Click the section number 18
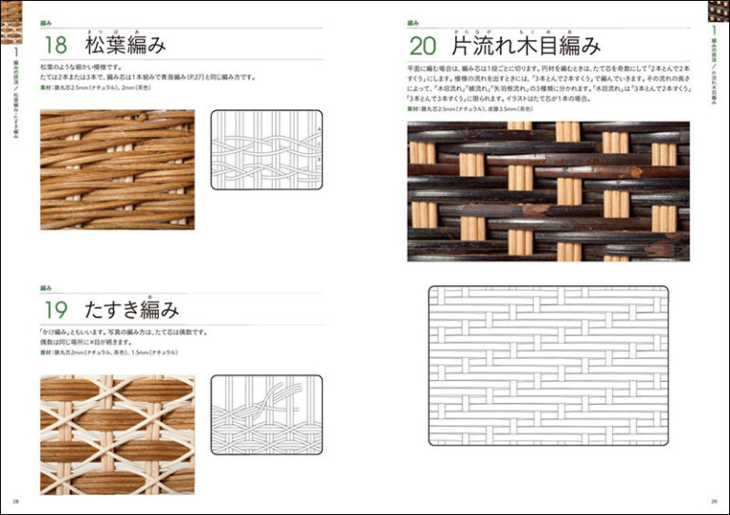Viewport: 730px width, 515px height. pyautogui.click(x=55, y=45)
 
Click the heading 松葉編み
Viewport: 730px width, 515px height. pyautogui.click(x=125, y=45)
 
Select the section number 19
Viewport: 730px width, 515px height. pyautogui.click(x=55, y=309)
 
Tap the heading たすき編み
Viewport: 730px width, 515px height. pyautogui.click(x=132, y=309)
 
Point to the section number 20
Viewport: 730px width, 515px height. pyautogui.click(x=425, y=45)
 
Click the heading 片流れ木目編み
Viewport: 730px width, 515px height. pyautogui.click(x=525, y=45)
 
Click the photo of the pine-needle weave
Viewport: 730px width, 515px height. pyautogui.click(x=117, y=169)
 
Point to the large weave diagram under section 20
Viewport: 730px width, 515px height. pyautogui.click(x=547, y=366)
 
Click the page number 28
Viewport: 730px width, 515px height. pyautogui.click(x=15, y=503)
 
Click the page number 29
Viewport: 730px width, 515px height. pyautogui.click(x=714, y=503)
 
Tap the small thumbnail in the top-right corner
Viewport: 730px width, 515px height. pyautogui.click(x=719, y=11)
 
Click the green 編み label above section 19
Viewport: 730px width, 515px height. pyautogui.click(x=46, y=286)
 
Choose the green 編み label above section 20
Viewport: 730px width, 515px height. pyautogui.click(x=413, y=22)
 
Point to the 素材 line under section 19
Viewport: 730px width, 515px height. pyautogui.click(x=105, y=353)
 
